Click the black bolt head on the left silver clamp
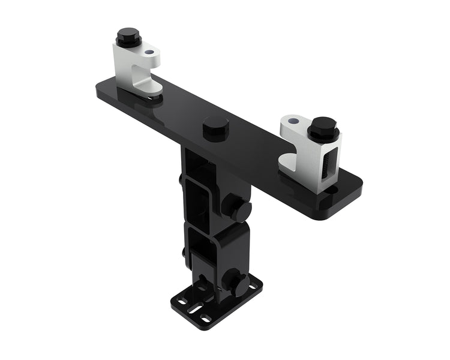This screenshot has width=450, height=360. pyautogui.click(x=127, y=38)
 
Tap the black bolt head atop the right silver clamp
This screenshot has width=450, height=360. pyautogui.click(x=323, y=128)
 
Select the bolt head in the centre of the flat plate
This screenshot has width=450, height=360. pyautogui.click(x=215, y=127)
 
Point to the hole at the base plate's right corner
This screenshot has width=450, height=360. pyautogui.click(x=256, y=282)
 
